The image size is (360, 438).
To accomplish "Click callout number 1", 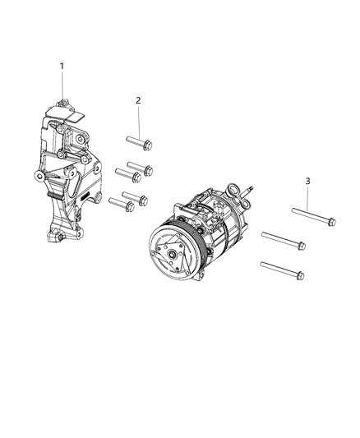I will (x=60, y=65).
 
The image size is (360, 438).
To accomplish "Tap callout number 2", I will (x=138, y=100).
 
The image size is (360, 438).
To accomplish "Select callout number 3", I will (x=307, y=181).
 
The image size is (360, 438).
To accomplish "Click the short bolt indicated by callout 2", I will (x=140, y=145).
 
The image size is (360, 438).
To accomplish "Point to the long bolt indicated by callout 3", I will (x=312, y=217).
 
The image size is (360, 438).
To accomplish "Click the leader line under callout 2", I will (x=138, y=120).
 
